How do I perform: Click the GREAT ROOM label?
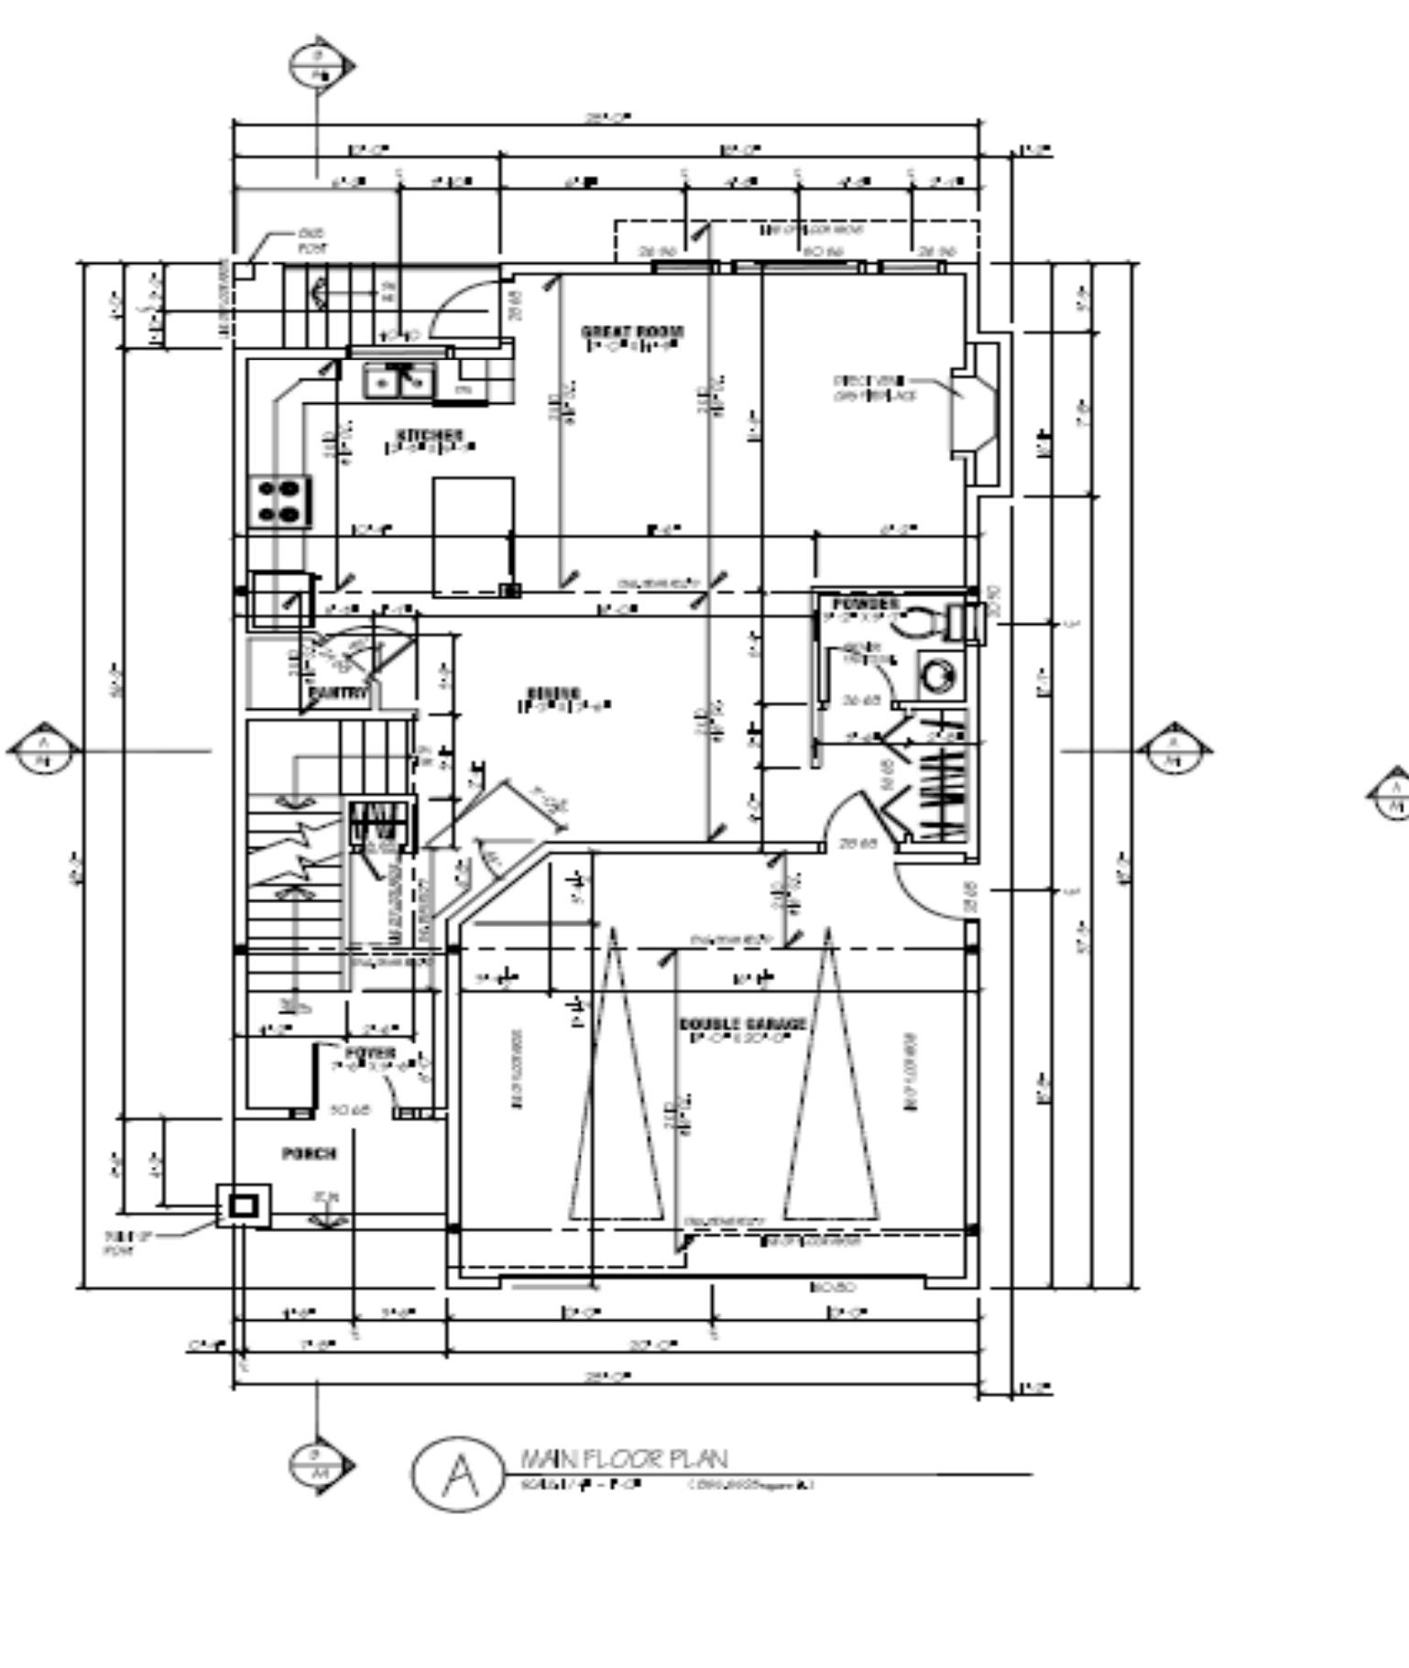632,333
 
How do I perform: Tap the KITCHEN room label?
429,435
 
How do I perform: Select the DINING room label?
553,693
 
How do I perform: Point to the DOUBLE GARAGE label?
743,1024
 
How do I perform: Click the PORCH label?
309,1154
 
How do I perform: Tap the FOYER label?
370,1053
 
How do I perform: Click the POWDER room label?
865,605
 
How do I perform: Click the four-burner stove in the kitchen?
279,502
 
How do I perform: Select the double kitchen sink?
399,381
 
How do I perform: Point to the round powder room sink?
937,677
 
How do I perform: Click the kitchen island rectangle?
473,536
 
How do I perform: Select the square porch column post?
243,1205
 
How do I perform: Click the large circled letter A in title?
458,1473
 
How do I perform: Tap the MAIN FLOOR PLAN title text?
624,1457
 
